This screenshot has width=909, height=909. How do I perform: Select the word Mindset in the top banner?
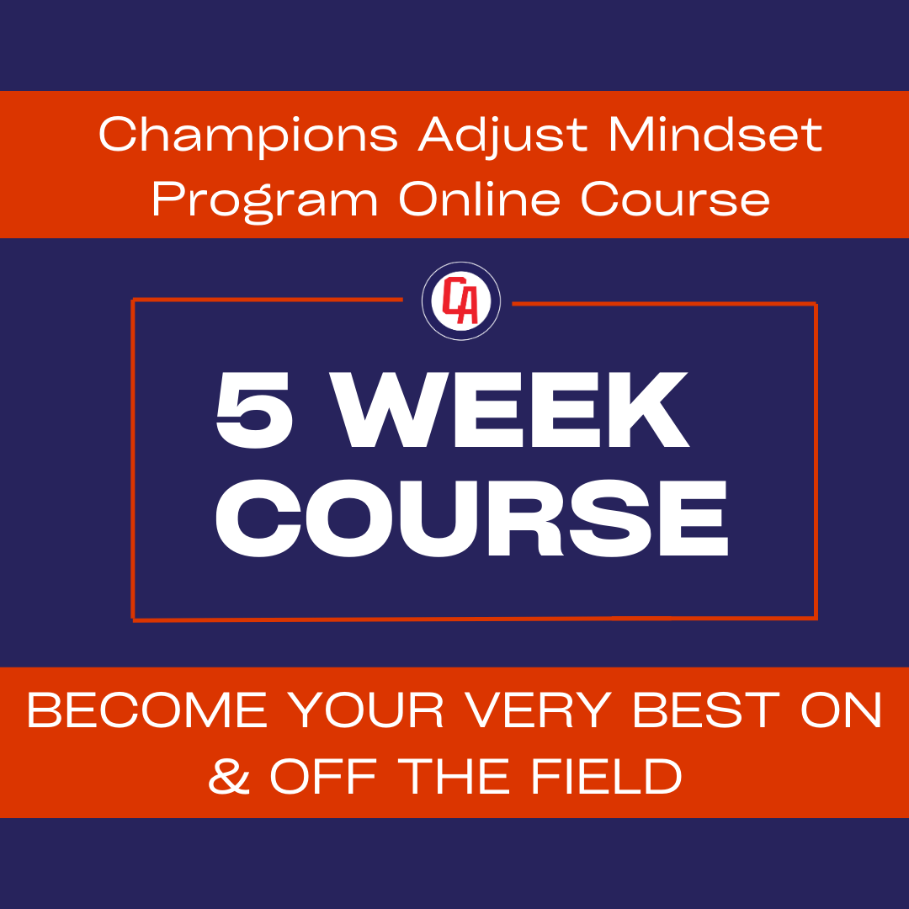click(715, 135)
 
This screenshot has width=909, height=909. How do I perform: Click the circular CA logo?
click(461, 301)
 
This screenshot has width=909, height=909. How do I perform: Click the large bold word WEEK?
click(518, 412)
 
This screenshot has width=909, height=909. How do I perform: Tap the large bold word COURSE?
click(471, 519)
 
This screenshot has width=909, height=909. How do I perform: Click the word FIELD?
click(606, 777)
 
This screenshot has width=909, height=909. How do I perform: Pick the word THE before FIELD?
click(457, 777)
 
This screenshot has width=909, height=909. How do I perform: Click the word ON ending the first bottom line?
click(841, 712)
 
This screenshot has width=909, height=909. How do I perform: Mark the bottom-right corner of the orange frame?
click(816, 619)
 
